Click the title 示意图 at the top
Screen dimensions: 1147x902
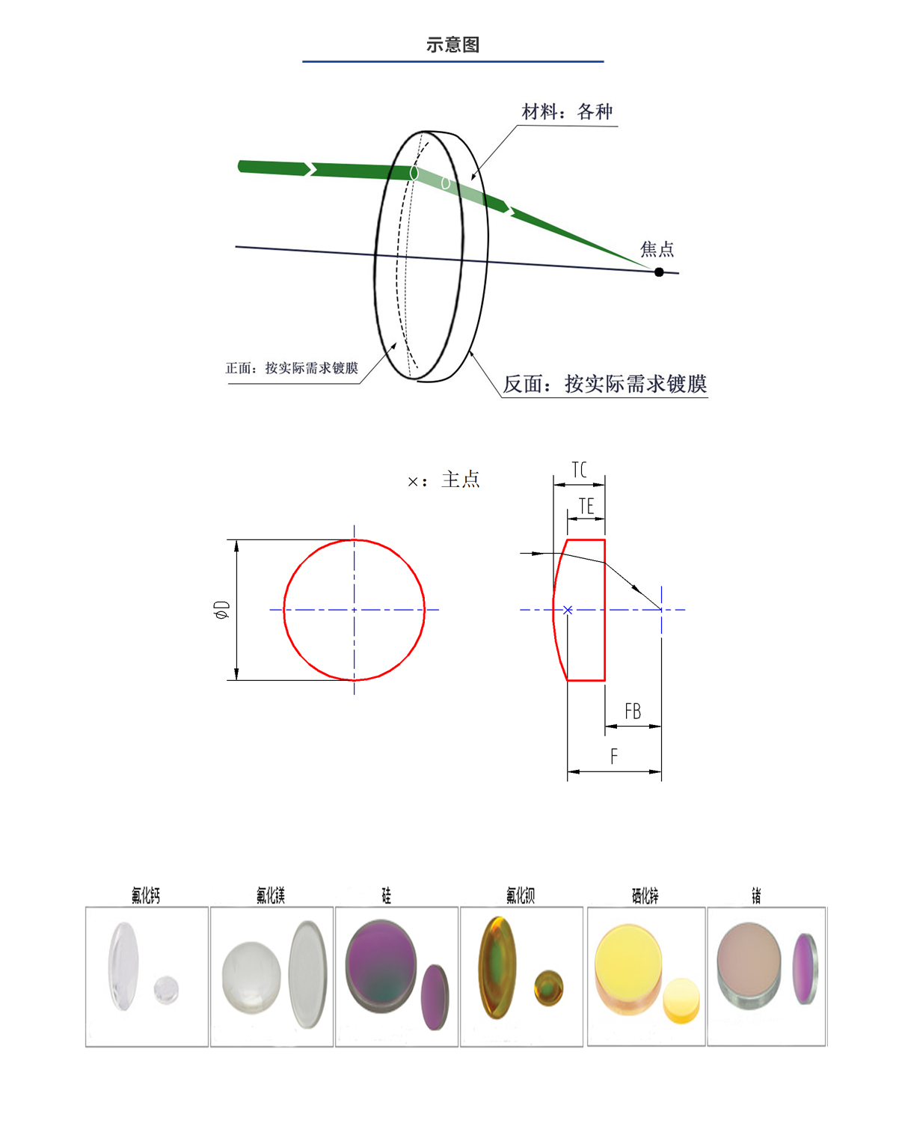point(452,45)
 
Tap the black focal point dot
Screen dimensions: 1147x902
point(659,272)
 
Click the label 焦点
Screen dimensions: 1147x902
point(657,249)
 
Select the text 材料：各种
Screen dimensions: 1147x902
point(567,112)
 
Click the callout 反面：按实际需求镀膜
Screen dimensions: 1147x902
point(604,384)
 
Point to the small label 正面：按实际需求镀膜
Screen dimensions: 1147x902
point(292,368)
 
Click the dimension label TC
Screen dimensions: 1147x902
point(579,470)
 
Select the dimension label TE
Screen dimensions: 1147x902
point(586,507)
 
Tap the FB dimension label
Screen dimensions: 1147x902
point(633,712)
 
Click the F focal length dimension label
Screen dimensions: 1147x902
point(614,756)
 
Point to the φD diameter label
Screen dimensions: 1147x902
point(222,610)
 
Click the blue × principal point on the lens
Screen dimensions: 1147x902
point(568,610)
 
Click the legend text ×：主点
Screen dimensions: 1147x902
point(444,480)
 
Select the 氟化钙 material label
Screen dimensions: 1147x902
point(146,896)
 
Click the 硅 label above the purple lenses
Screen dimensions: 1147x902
point(386,896)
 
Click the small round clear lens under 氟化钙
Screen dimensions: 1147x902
point(166,990)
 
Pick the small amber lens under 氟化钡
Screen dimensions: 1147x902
point(549,988)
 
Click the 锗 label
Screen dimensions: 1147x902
point(756,896)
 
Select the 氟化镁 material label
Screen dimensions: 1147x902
point(271,896)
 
